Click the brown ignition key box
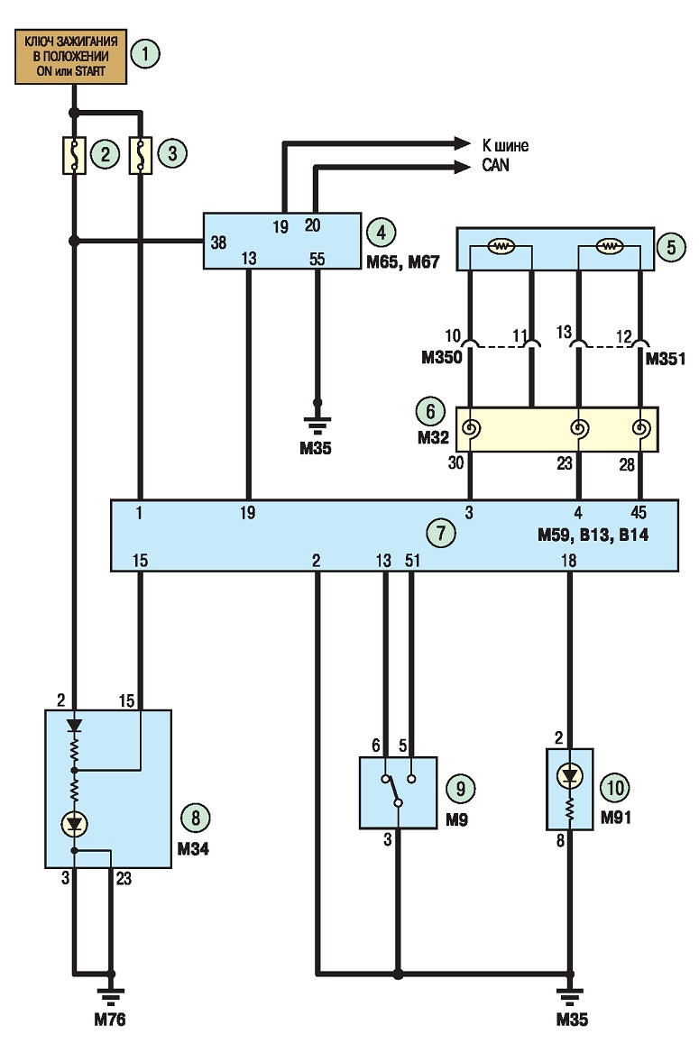point(70,56)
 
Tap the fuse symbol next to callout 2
point(74,156)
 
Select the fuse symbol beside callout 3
point(141,156)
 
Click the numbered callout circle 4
point(382,233)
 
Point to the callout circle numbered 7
point(440,533)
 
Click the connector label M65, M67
point(403,261)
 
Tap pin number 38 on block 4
point(218,242)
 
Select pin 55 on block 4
point(317,259)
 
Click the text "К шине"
point(505,145)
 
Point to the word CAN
point(495,165)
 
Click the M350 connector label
point(442,358)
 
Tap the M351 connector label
point(666,359)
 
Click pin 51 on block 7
point(412,560)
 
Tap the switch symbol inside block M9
point(398,791)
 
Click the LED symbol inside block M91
point(570,777)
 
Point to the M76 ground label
point(109,1020)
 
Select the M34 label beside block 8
point(193,848)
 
